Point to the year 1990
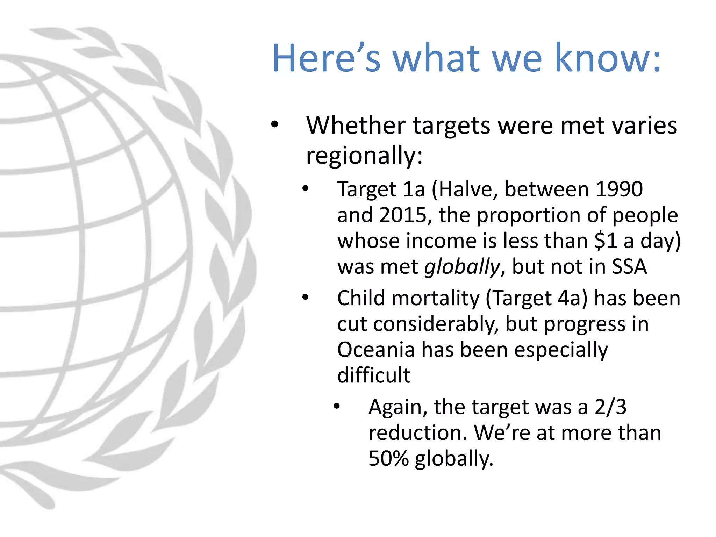pos(619,189)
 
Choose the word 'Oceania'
pos(376,350)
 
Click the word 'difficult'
pos(374,375)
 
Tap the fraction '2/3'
pos(610,407)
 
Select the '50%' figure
pos(388,458)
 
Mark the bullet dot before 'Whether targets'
pos(275,124)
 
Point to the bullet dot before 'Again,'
pos(337,406)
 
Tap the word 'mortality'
pos(436,299)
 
